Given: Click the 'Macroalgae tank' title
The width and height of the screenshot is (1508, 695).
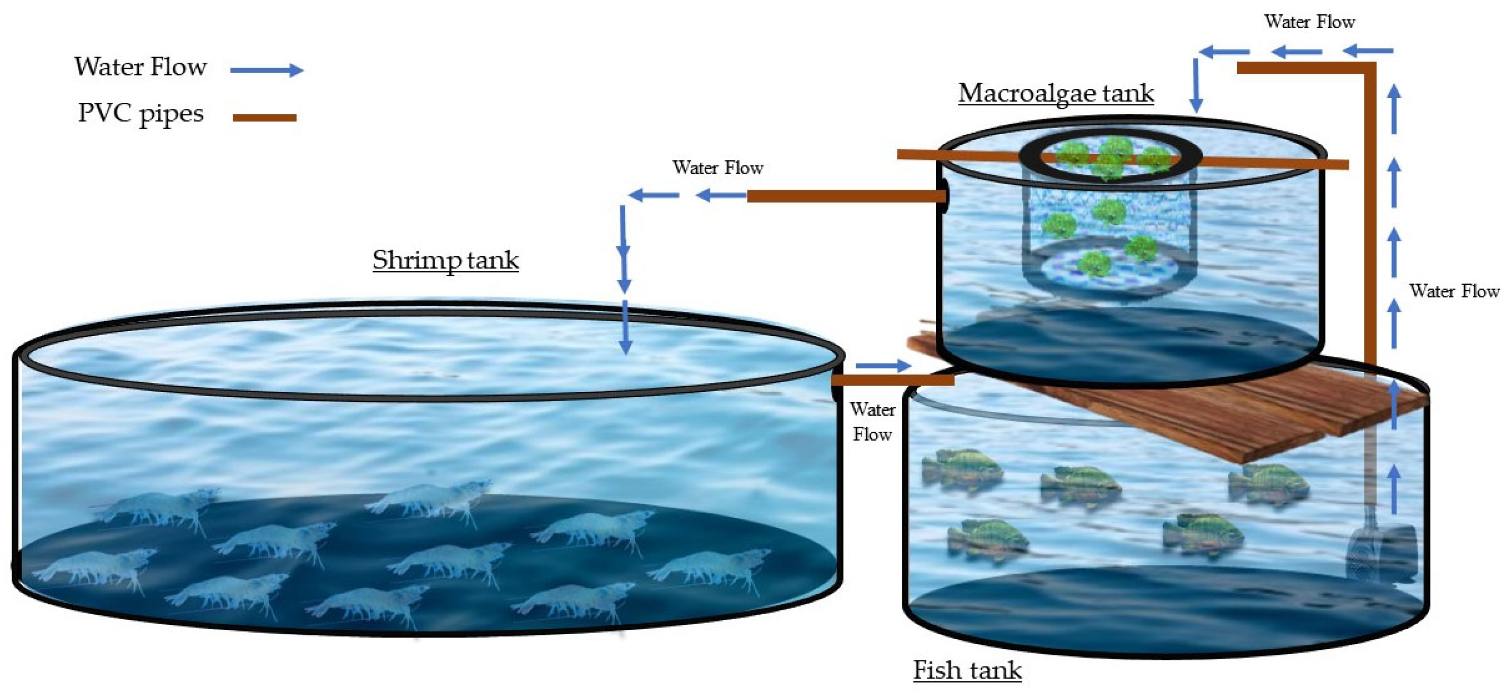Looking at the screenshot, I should (1055, 93).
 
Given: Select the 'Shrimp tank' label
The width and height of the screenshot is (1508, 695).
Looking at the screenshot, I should (445, 260).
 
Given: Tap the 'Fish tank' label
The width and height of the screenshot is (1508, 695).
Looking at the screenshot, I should (967, 670).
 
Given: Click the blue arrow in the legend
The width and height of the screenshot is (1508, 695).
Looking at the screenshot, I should (266, 70).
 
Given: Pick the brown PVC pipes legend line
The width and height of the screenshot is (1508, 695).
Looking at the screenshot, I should (264, 118).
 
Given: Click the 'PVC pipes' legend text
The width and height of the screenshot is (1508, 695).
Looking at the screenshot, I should (140, 113).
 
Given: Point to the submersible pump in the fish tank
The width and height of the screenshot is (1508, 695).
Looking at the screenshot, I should (1381, 550).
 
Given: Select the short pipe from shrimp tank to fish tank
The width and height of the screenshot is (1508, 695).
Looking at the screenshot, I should (893, 381).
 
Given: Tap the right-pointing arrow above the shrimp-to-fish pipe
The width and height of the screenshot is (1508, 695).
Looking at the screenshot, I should (883, 366).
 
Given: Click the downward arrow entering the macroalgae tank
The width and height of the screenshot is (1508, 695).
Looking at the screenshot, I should (1196, 85).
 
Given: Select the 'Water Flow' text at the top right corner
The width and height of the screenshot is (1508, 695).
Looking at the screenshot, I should (1309, 22).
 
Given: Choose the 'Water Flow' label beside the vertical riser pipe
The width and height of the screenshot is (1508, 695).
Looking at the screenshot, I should (1454, 291).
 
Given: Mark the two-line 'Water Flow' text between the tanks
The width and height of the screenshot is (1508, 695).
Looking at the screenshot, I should (872, 422).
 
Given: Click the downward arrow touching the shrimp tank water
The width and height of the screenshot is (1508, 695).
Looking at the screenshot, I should (625, 328).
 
